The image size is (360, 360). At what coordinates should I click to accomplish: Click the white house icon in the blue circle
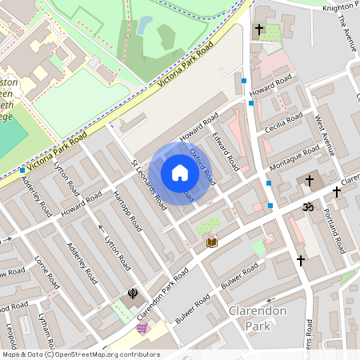click(180, 174)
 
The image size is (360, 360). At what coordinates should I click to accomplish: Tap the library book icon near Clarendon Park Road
click(211, 242)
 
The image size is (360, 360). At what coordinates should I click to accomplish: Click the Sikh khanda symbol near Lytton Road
click(132, 294)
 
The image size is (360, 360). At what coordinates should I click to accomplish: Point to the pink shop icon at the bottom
click(142, 328)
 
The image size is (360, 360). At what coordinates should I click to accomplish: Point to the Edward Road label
click(226, 150)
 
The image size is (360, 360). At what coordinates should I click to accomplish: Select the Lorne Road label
click(47, 272)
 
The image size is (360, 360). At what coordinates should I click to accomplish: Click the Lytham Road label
click(48, 329)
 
